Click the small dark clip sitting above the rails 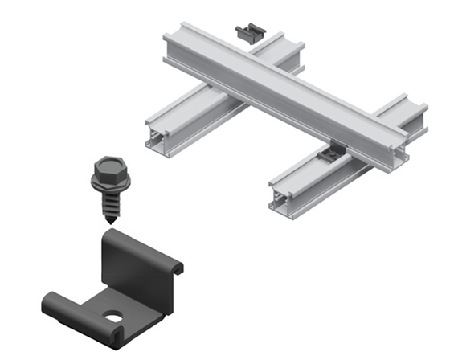point(249,33)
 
